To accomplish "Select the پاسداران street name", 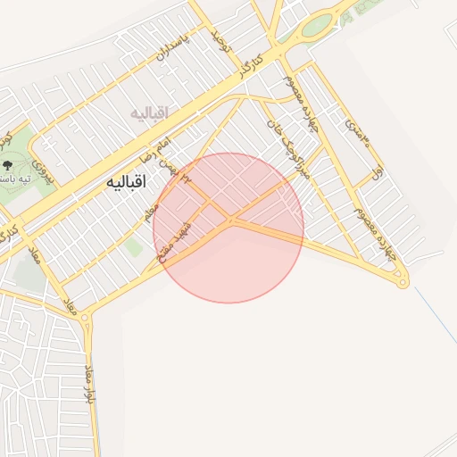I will coord(173,53).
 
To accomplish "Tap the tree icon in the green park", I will coord(8,165).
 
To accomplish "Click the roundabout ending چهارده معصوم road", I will coord(403,283).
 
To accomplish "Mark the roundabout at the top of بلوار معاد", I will coord(86,317).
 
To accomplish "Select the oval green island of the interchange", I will coord(316,27).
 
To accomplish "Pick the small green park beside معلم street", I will coord(134,246).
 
